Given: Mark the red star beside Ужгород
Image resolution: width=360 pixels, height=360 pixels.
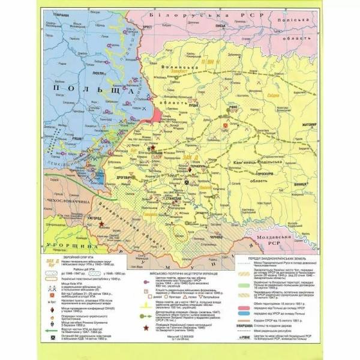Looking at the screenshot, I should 102,223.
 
